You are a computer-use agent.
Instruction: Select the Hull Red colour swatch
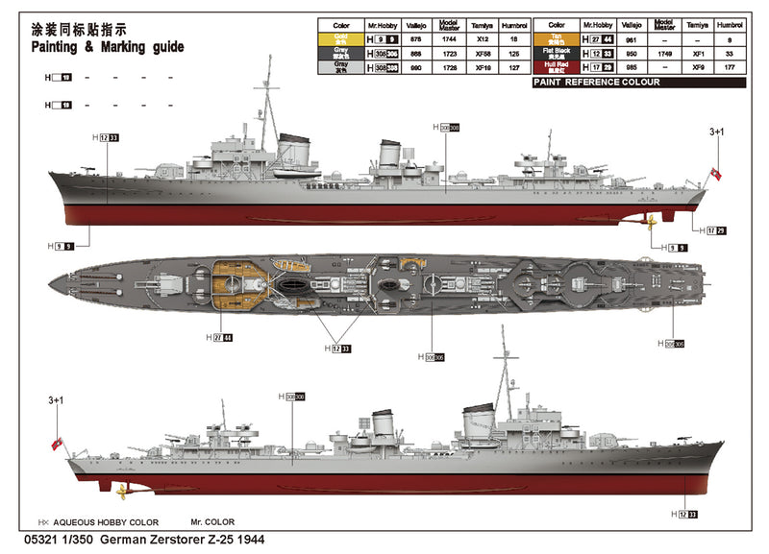[556, 68]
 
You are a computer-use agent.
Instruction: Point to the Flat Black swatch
[556, 54]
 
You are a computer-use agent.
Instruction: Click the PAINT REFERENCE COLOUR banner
[596, 83]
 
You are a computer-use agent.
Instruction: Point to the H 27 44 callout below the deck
[218, 337]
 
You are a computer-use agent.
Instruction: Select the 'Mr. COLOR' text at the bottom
[213, 522]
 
